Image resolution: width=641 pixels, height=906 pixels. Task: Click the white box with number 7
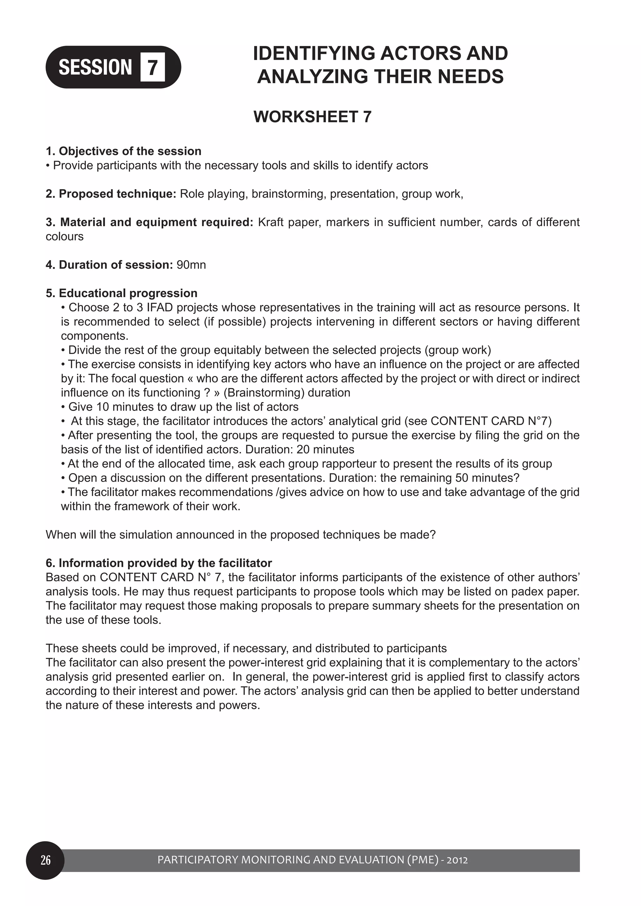(152, 68)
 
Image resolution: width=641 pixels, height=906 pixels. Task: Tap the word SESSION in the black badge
(95, 67)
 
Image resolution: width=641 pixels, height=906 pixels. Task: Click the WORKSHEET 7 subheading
(312, 117)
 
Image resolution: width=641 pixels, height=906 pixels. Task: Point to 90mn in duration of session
(191, 265)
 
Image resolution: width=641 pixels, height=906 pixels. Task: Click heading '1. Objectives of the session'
(124, 151)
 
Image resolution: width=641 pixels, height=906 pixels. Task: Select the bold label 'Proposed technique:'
(117, 194)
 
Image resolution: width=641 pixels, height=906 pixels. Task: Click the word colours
(64, 236)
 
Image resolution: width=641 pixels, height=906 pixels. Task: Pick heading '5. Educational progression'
(122, 293)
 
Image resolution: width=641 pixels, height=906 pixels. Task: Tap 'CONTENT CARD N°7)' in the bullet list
(491, 421)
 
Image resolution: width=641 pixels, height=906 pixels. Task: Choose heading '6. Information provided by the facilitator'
(159, 563)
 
